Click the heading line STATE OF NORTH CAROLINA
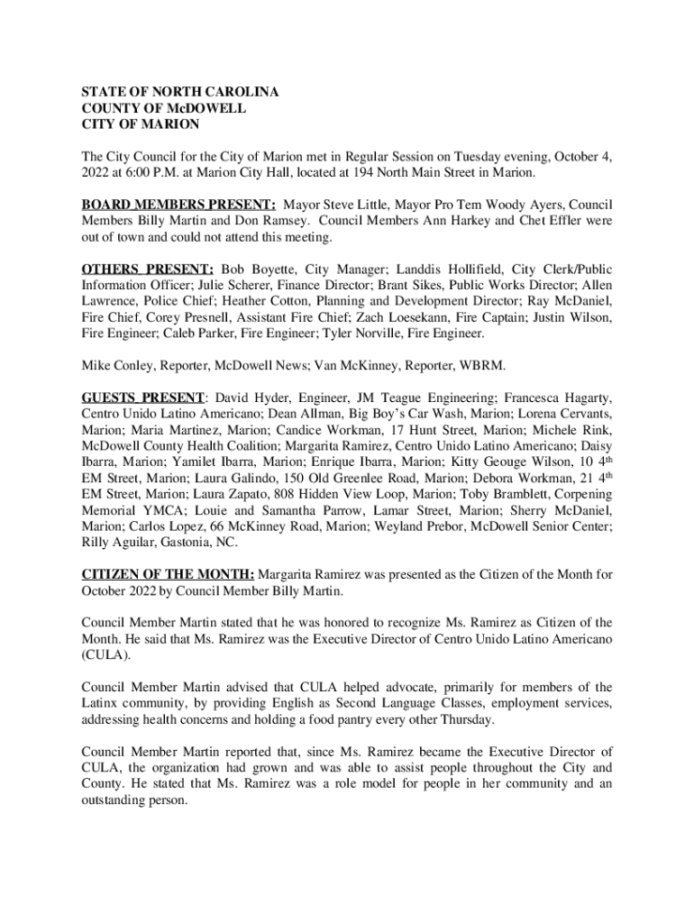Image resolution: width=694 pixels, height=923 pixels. (x=180, y=92)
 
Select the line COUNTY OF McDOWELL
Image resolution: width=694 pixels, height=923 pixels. (x=163, y=108)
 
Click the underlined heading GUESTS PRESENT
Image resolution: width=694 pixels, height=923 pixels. (x=143, y=397)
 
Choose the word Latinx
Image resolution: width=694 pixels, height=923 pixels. (x=99, y=703)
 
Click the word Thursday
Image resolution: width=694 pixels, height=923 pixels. (x=468, y=719)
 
